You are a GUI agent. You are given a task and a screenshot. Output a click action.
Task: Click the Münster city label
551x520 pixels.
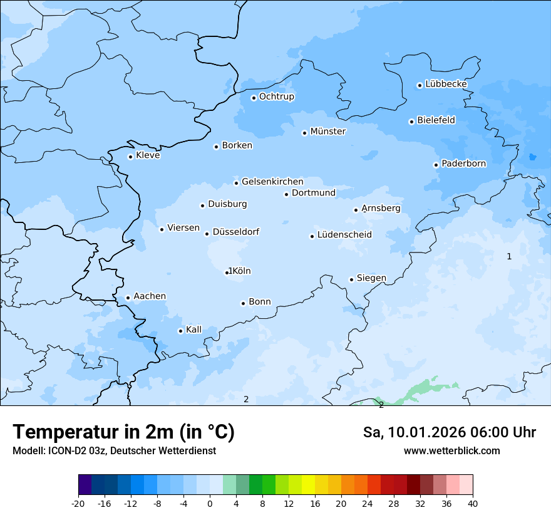click(x=327, y=132)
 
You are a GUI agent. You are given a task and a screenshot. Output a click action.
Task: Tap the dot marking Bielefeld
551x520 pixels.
click(x=411, y=122)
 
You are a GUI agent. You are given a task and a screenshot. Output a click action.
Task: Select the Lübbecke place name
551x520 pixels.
click(x=446, y=84)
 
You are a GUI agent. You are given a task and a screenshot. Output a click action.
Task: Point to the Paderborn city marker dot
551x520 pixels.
click(x=436, y=165)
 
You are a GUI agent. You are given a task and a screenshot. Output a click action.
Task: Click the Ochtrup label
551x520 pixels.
click(x=276, y=96)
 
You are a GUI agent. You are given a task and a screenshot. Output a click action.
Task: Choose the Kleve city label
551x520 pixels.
click(x=148, y=155)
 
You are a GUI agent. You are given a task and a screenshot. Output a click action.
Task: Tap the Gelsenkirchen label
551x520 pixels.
click(x=272, y=182)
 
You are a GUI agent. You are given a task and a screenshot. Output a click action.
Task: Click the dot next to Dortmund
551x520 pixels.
click(x=286, y=194)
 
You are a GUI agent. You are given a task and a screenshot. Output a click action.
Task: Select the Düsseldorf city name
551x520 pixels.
click(x=235, y=232)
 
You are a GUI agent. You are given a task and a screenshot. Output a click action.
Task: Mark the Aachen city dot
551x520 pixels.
click(x=128, y=298)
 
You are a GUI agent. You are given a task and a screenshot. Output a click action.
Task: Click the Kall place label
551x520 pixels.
click(x=193, y=330)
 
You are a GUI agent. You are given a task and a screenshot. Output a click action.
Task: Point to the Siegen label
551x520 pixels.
click(x=371, y=278)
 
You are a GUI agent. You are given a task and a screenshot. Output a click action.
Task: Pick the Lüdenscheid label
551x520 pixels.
click(x=344, y=235)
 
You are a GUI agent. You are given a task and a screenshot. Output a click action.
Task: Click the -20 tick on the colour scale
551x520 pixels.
click(x=78, y=503)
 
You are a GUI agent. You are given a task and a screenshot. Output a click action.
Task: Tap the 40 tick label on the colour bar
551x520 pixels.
click(x=473, y=503)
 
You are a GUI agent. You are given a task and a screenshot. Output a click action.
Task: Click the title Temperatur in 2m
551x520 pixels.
click(x=123, y=432)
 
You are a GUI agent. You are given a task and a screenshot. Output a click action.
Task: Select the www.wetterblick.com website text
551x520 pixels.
click(x=451, y=450)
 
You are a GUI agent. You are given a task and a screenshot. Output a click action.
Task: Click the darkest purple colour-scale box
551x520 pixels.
click(x=85, y=485)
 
